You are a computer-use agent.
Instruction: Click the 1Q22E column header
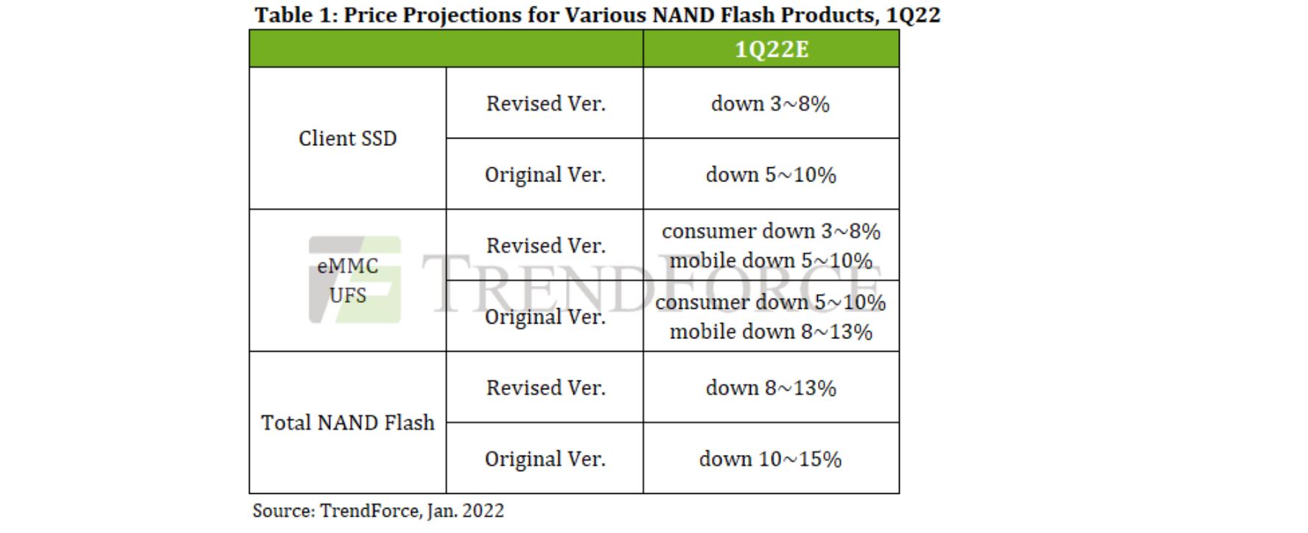(x=771, y=49)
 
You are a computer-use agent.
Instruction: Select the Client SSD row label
(x=347, y=139)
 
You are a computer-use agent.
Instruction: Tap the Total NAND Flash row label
(x=347, y=423)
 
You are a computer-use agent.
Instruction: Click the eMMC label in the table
(x=347, y=266)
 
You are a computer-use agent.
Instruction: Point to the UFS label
(x=347, y=296)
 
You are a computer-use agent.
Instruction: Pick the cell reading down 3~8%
(x=770, y=104)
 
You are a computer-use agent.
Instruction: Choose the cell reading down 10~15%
(x=770, y=459)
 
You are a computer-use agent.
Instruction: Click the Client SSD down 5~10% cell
(x=770, y=175)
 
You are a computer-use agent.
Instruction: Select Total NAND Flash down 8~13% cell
(x=770, y=389)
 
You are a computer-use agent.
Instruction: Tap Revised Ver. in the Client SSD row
(x=545, y=104)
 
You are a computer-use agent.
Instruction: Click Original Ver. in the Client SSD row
(x=545, y=175)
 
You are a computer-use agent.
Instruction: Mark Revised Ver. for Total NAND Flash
(x=545, y=389)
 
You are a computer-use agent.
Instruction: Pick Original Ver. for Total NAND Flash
(x=545, y=459)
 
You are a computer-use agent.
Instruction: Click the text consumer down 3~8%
(x=771, y=231)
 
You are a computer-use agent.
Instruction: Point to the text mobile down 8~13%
(x=771, y=332)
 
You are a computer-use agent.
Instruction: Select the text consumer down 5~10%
(x=770, y=302)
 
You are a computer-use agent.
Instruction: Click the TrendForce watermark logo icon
(x=355, y=279)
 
